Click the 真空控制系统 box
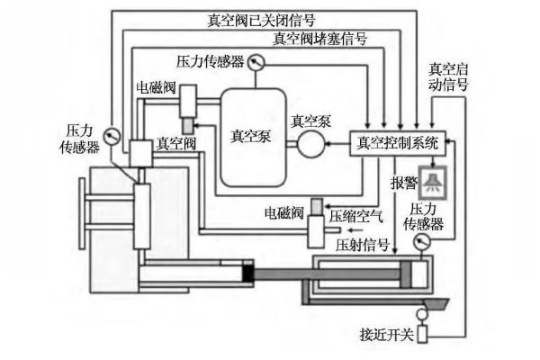(x=397, y=141)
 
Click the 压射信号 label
(x=363, y=244)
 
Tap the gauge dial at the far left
(x=112, y=138)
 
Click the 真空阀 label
(x=173, y=143)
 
